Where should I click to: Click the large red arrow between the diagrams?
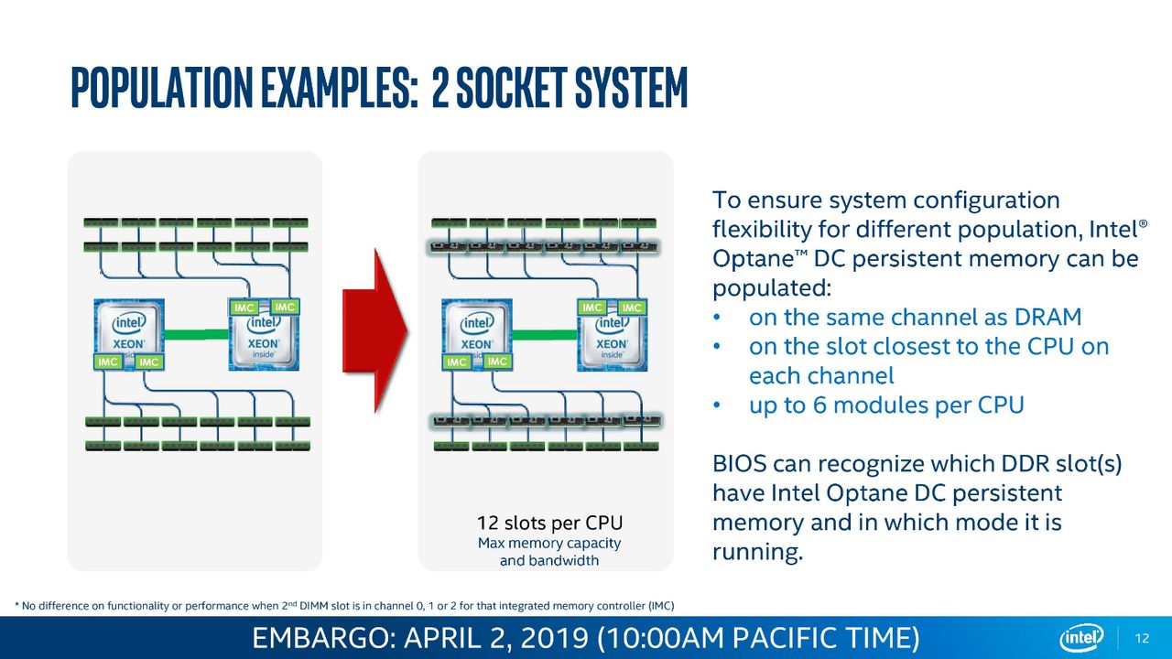pos(375,331)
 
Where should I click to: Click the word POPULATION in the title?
pos(162,87)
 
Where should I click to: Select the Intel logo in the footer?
pos(1081,638)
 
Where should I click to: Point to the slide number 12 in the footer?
pos(1142,638)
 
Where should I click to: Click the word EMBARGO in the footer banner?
pos(321,638)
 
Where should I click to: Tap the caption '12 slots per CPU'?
pos(550,523)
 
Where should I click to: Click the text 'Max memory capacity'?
pos(549,543)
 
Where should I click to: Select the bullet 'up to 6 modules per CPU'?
pos(886,405)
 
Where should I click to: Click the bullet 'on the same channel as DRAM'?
pos(915,317)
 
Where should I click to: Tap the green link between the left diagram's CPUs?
pos(196,334)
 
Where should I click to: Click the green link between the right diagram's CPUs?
pos(544,334)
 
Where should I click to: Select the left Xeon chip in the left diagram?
pos(129,334)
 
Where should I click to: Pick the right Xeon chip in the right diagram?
pos(613,335)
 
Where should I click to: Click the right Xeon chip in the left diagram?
pos(265,334)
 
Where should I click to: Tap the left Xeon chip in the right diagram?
pos(477,334)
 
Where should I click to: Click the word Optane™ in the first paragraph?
pos(760,258)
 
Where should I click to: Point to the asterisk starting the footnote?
pos(16,605)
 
